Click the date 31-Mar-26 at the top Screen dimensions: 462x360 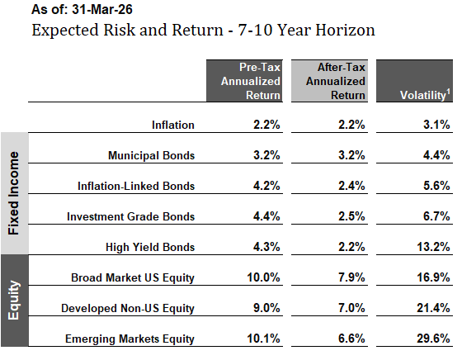[x=102, y=9]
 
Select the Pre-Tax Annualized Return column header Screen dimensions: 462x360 [x=244, y=81]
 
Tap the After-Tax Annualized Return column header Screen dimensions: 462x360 [x=329, y=81]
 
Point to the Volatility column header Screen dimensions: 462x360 [x=414, y=81]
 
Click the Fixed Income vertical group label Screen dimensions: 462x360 [x=13, y=193]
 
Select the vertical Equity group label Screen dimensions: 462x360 [x=13, y=301]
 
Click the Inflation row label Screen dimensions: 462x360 [x=173, y=125]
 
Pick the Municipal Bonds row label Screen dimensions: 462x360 [x=152, y=155]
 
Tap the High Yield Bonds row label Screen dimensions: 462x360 [x=150, y=247]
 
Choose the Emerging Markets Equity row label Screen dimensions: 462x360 [x=130, y=339]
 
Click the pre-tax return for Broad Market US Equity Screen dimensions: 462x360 [x=263, y=277]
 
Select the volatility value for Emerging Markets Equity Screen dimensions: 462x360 [x=433, y=339]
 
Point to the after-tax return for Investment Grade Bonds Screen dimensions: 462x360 [x=351, y=216]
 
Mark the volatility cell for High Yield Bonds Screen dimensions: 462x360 [x=433, y=247]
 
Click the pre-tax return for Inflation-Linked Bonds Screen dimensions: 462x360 [x=266, y=186]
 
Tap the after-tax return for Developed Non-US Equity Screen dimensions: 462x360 [x=351, y=308]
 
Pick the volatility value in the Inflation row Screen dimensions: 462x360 [x=436, y=125]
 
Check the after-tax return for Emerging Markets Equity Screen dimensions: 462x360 [x=351, y=339]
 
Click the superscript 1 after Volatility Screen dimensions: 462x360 [x=449, y=92]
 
